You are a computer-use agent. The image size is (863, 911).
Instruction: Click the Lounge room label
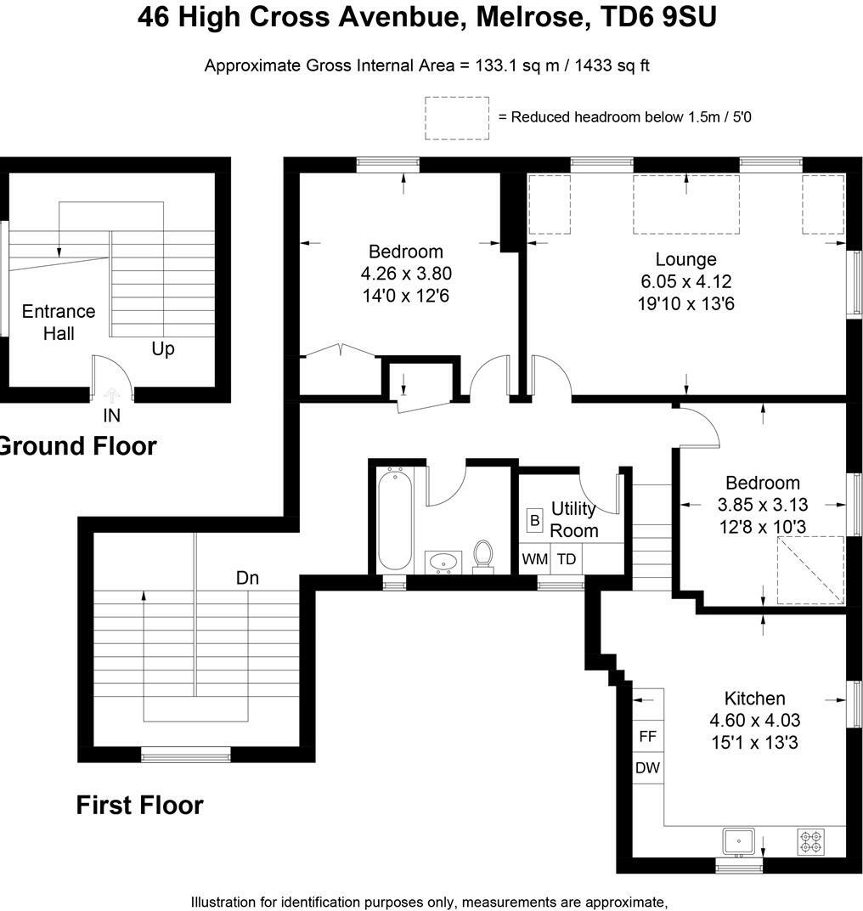click(685, 259)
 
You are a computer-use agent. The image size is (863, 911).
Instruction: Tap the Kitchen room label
click(754, 699)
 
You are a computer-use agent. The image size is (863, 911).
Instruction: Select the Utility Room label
click(574, 519)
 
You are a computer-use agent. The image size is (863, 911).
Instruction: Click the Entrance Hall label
click(59, 322)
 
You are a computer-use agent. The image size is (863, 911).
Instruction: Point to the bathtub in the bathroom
click(395, 520)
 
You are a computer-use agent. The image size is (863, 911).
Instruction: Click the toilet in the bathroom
click(482, 557)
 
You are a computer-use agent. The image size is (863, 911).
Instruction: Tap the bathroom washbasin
click(443, 563)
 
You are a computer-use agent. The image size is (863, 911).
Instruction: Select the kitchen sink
click(739, 841)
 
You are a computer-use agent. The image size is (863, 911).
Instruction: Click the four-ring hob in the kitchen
click(811, 842)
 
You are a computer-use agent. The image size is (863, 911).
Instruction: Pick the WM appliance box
click(534, 559)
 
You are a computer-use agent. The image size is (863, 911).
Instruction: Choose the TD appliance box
click(567, 559)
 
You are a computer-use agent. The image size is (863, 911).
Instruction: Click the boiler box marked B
click(535, 520)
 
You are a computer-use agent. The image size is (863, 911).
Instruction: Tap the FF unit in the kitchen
click(647, 737)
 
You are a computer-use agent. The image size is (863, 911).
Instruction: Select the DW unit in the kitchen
click(647, 768)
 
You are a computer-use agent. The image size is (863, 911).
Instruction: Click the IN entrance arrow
click(111, 396)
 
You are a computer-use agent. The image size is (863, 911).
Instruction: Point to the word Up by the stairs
click(163, 349)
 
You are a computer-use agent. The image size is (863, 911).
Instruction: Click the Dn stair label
click(247, 578)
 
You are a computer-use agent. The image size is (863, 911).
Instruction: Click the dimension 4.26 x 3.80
click(406, 274)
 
